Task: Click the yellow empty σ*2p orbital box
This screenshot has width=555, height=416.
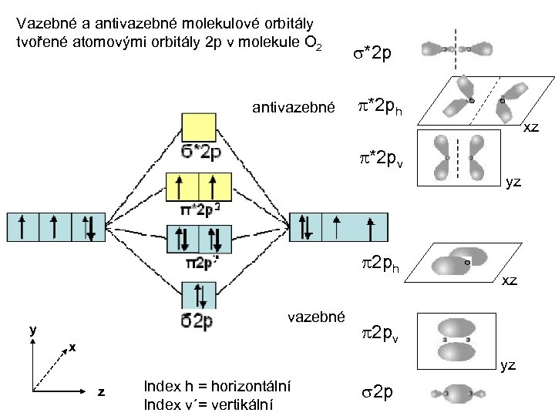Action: click(x=198, y=127)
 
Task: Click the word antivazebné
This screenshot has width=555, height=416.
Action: click(x=293, y=107)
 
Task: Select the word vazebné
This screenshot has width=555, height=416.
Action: click(x=316, y=317)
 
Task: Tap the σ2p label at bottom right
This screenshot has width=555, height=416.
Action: click(x=376, y=393)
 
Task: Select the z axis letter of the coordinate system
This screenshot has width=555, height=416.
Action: click(x=101, y=393)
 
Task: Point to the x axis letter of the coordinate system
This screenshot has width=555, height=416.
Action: click(x=71, y=347)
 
